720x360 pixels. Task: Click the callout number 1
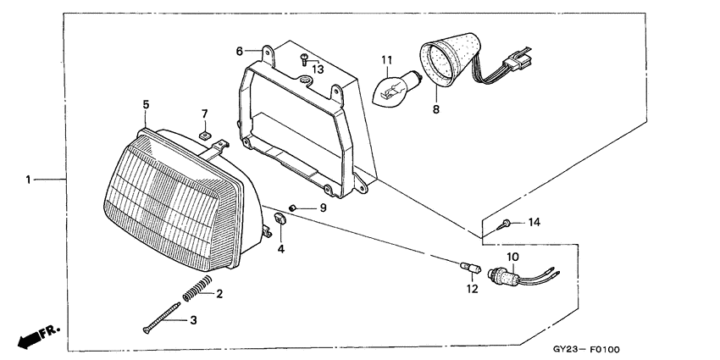coord(28,179)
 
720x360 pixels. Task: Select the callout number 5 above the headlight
coord(146,104)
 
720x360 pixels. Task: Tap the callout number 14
coord(533,223)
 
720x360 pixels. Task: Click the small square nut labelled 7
coord(204,133)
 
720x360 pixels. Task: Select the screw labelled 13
coord(302,58)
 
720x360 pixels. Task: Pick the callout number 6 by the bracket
coord(240,50)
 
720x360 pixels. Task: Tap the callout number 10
coord(512,256)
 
